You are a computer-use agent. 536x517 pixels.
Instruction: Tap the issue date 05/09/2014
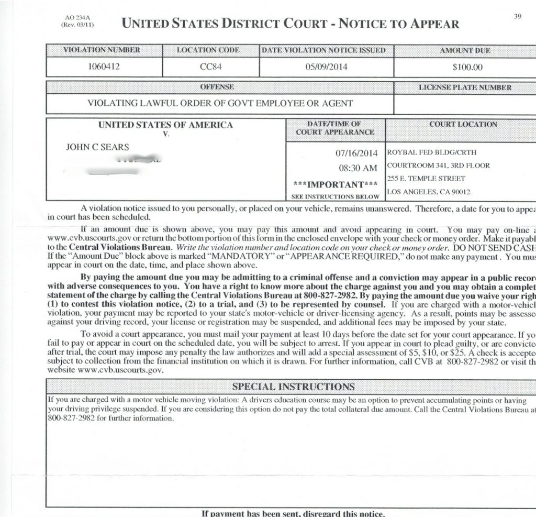(326, 67)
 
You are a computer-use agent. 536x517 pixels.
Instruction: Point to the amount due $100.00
(467, 67)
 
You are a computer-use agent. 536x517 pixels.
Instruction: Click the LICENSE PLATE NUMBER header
(465, 87)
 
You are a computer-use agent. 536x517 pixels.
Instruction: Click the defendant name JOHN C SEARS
(97, 147)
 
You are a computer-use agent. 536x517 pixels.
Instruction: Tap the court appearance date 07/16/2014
(356, 153)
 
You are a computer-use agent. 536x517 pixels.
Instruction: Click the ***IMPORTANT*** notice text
(336, 184)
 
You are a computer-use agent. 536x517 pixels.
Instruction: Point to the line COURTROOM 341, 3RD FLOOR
(439, 166)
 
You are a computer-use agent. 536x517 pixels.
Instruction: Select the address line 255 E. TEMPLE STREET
(418, 179)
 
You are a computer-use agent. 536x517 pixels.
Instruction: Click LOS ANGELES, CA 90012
(421, 192)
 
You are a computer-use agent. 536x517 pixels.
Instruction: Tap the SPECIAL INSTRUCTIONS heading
(293, 387)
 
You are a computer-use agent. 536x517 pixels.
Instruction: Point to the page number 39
(517, 16)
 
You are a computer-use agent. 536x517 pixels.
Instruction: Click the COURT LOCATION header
(463, 125)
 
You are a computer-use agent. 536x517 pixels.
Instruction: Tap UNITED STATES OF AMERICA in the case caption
(165, 125)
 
